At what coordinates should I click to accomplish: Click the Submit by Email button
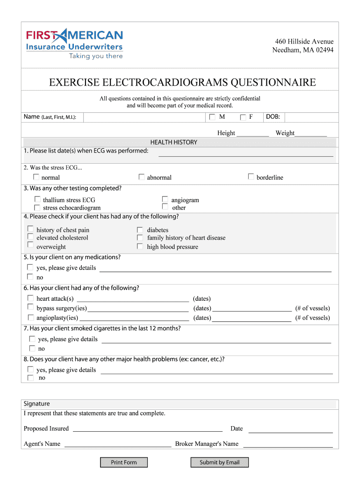(x=219, y=463)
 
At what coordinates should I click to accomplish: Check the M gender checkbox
(x=212, y=117)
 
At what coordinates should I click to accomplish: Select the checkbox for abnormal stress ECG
(x=141, y=177)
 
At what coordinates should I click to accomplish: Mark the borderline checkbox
(x=251, y=177)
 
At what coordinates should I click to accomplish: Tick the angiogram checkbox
(x=165, y=199)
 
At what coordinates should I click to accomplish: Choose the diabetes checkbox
(x=140, y=230)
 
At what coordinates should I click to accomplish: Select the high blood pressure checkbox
(x=140, y=246)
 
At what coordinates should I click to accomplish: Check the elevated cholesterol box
(x=30, y=237)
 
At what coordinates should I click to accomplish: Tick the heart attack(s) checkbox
(x=30, y=298)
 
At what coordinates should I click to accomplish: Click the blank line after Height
(x=252, y=133)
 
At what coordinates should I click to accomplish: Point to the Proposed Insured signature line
(x=147, y=428)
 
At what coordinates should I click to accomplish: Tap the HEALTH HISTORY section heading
(x=173, y=142)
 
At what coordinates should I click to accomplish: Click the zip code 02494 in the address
(x=324, y=50)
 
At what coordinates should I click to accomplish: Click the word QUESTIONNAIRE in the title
(x=273, y=83)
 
